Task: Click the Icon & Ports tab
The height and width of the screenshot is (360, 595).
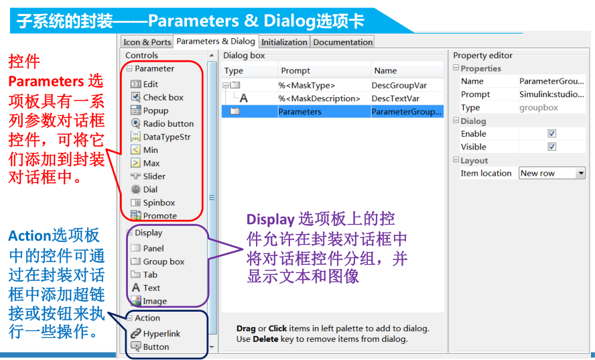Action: [147, 42]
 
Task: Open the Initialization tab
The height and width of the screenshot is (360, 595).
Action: [284, 42]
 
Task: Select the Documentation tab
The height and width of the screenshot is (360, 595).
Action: [342, 42]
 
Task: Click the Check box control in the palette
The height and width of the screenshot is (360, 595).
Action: [163, 97]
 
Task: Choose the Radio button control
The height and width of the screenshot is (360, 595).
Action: [168, 123]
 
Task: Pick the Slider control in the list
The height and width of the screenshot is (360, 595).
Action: [153, 176]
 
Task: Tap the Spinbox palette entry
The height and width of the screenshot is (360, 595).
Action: [158, 202]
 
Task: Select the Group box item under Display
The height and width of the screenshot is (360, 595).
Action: [163, 261]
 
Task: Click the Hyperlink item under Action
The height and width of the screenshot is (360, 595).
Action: [161, 333]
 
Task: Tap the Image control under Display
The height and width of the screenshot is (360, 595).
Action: [154, 301]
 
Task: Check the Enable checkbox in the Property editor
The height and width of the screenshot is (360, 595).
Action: [552, 133]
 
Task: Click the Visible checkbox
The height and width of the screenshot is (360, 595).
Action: [552, 147]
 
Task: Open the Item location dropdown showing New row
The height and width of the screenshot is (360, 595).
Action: [552, 173]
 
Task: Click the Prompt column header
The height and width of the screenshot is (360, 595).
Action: [295, 70]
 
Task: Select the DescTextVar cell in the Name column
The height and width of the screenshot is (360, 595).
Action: [396, 99]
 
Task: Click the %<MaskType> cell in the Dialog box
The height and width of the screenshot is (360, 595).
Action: [306, 85]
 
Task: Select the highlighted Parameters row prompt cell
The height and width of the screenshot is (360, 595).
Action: [300, 112]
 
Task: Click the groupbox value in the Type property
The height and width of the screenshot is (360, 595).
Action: [539, 107]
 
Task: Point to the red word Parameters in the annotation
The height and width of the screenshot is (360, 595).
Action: [45, 81]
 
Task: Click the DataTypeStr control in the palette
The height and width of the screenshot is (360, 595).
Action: [166, 137]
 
